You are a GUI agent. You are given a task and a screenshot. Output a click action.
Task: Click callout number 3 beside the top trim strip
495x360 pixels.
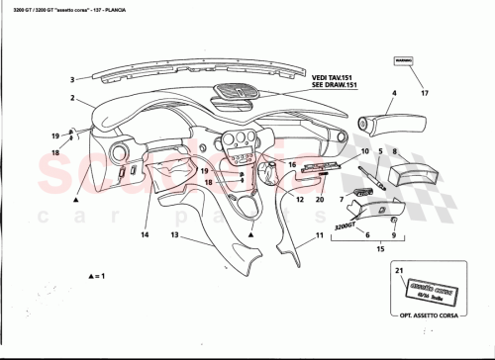(x=72, y=79)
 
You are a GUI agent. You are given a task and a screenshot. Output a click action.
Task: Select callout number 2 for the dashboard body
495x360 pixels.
(x=72, y=99)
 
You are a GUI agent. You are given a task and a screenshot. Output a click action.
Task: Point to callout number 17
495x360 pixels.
(x=425, y=94)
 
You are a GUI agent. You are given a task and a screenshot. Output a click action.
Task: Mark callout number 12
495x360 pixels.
(x=298, y=200)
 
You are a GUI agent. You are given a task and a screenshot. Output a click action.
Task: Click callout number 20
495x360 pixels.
(x=319, y=200)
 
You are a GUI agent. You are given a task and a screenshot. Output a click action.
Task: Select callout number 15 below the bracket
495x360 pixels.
(x=379, y=251)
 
